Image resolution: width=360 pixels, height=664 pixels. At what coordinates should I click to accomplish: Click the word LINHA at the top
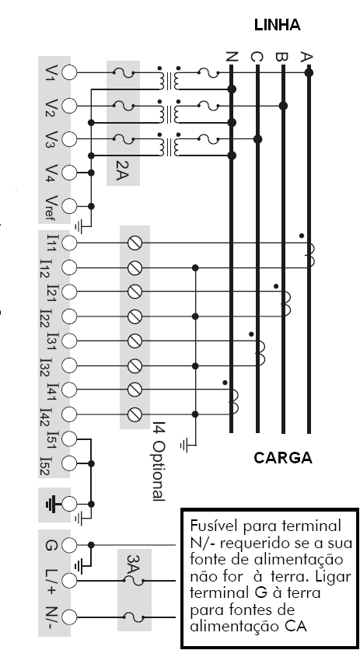coord(278,25)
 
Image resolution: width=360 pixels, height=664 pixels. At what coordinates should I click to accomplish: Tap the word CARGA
coord(283,458)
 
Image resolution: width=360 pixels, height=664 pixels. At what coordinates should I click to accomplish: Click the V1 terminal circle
coord(69,73)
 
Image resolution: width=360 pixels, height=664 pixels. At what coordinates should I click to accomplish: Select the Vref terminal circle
coord(69,206)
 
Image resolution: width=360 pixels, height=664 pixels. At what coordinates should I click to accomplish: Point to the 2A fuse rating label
coord(121,170)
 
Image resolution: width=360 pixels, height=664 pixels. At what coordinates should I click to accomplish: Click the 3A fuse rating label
coord(132,564)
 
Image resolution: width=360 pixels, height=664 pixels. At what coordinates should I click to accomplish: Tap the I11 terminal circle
coord(69,243)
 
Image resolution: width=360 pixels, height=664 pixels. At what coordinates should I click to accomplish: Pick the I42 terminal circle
coord(69,414)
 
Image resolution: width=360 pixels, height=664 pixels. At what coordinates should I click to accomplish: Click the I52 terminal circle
coord(69,463)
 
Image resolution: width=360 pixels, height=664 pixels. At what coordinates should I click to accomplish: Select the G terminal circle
coord(69,545)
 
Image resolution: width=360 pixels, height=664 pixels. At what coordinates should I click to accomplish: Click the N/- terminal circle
coord(69,617)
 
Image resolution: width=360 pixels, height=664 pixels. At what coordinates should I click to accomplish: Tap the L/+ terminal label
coord(50,580)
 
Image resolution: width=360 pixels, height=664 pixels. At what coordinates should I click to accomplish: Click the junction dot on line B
coord(283,106)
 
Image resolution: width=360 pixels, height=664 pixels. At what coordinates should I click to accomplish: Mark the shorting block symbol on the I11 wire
coord(135,243)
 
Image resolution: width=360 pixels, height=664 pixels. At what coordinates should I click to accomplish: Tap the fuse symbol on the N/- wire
coord(134,617)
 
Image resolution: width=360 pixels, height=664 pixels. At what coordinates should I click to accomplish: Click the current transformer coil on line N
coord(234,401)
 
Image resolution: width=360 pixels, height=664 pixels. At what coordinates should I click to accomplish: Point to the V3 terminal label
coord(51,139)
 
